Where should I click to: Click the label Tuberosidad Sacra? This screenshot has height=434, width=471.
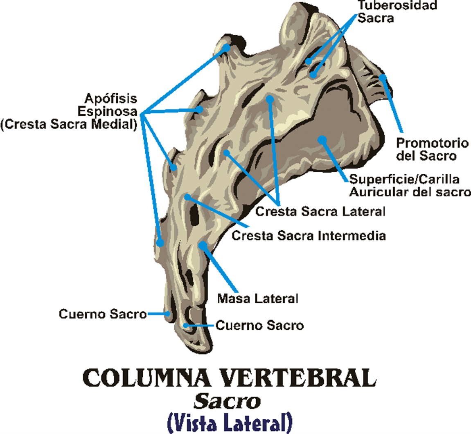397,12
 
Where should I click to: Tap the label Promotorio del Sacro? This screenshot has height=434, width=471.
432,149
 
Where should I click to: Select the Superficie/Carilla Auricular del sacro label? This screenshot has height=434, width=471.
410,186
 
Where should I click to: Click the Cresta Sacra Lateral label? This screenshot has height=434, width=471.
320,211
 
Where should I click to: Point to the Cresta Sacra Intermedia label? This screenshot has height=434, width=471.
309,236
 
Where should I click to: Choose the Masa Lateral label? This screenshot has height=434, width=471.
258,299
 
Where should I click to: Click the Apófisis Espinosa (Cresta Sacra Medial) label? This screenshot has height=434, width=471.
69,111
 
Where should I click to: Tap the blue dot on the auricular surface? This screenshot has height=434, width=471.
322,140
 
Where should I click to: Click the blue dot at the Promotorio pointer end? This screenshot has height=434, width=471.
383,77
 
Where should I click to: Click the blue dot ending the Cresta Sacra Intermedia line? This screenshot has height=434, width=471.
187,197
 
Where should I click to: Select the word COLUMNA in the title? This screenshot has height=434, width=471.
146,378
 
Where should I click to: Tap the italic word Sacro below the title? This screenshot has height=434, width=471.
227,401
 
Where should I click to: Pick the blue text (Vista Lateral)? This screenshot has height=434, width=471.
230,423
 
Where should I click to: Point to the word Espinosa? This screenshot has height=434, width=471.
107,111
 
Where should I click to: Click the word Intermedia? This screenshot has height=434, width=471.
352,236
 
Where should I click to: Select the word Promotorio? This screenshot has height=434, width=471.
432,143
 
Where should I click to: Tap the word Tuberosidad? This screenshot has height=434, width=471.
397,5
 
